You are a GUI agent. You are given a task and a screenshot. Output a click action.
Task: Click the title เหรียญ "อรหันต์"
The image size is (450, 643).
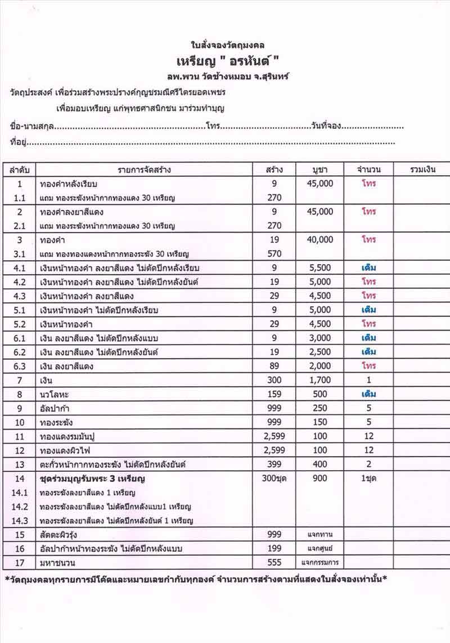(x=228, y=60)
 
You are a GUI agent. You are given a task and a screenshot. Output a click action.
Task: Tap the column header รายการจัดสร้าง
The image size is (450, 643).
(x=144, y=169)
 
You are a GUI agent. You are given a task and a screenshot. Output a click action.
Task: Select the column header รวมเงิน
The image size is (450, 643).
(x=420, y=169)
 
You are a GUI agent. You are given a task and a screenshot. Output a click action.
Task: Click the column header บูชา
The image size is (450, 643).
(x=320, y=169)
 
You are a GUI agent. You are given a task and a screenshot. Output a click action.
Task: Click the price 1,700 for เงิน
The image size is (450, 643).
(x=320, y=381)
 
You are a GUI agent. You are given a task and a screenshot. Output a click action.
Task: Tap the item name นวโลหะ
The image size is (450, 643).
(x=55, y=395)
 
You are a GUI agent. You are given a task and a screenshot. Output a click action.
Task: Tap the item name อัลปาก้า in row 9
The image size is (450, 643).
(x=56, y=409)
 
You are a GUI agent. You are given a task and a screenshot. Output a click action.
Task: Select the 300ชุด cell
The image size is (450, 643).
(x=280, y=479)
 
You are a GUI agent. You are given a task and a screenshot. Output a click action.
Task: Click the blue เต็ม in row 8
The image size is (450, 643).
(x=368, y=395)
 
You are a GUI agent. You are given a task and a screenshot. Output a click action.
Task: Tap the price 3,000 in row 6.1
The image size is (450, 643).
(x=320, y=338)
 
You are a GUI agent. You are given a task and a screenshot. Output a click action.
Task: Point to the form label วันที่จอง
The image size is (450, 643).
(x=326, y=126)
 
